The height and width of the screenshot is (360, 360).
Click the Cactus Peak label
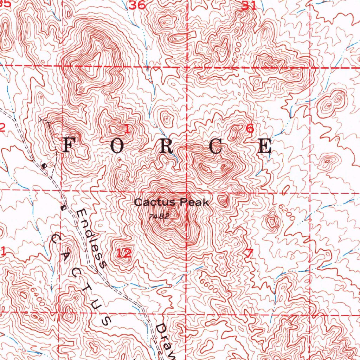[x=172, y=202]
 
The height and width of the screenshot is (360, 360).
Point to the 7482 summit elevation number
[x=159, y=217]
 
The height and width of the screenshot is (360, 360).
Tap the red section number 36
[x=137, y=5]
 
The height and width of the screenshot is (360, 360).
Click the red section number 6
[x=250, y=129]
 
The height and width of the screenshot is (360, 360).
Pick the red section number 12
[x=124, y=253]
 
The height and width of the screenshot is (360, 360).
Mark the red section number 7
[x=250, y=254]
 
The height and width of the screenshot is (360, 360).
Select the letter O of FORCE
[x=117, y=146]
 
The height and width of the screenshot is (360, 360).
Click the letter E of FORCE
[x=265, y=146]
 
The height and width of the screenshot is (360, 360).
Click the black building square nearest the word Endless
[x=63, y=207]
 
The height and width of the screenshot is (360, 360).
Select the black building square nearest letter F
[x=44, y=165]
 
